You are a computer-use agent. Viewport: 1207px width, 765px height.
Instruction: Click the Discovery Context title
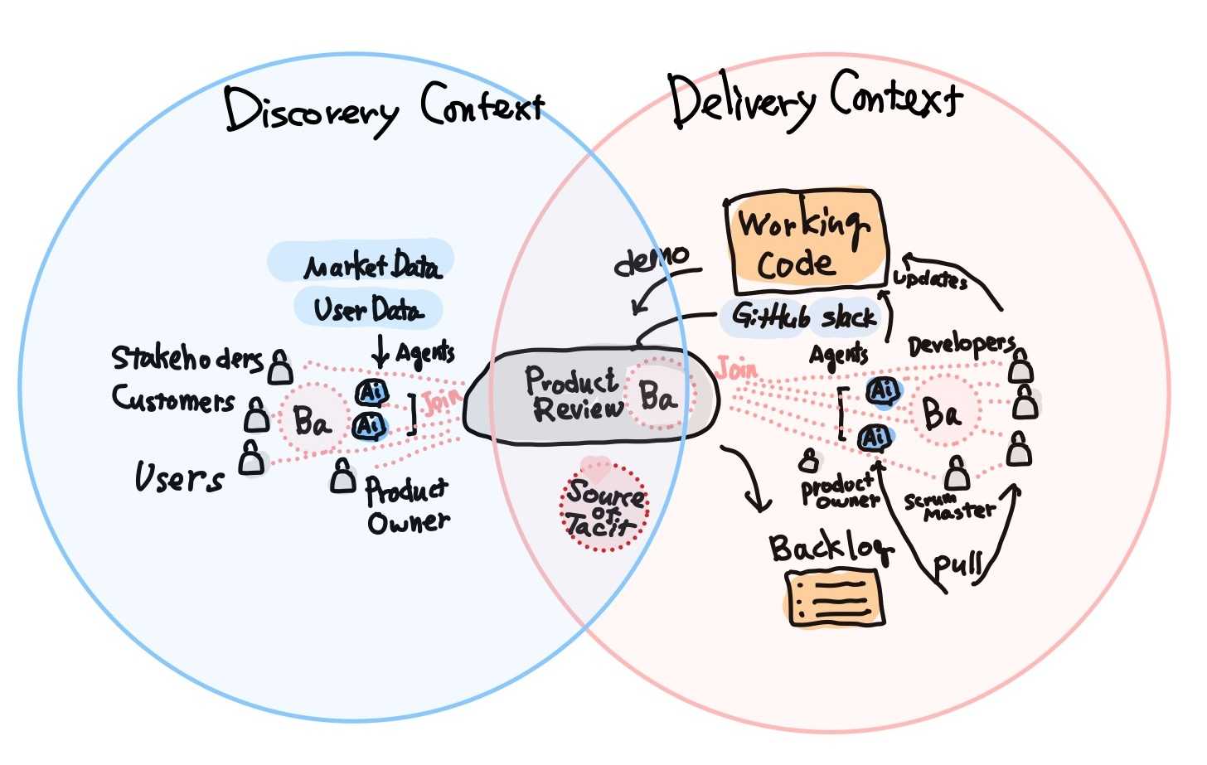click(384, 109)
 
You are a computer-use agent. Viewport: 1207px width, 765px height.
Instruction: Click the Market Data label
click(371, 265)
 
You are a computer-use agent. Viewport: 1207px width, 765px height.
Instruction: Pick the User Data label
click(368, 309)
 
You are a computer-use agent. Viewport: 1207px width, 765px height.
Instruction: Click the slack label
click(848, 317)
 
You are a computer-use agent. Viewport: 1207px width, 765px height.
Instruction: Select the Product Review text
click(574, 395)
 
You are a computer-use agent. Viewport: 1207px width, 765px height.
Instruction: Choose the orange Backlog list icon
click(834, 598)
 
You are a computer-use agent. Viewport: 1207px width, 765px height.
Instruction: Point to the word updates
click(930, 278)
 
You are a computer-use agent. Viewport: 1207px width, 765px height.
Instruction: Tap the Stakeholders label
click(187, 358)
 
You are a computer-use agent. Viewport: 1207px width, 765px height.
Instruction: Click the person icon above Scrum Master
click(957, 473)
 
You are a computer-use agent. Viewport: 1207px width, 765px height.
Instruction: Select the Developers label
click(961, 345)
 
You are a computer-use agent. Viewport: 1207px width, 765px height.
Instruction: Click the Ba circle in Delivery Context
click(942, 412)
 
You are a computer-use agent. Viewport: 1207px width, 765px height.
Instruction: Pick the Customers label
click(174, 399)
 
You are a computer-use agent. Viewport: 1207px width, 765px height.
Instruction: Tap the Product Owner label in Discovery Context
click(407, 505)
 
